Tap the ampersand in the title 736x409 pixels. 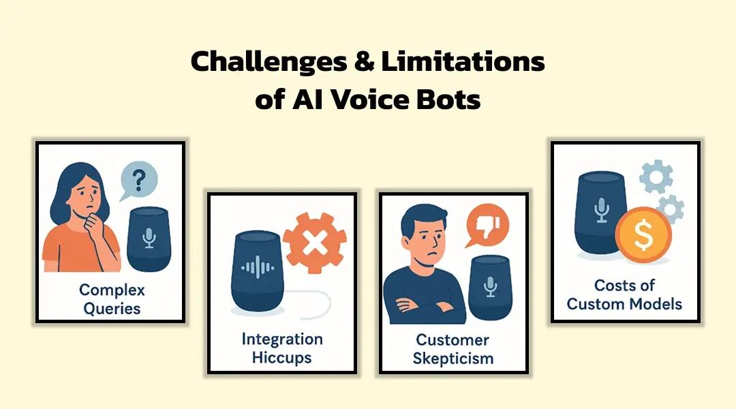tap(364, 61)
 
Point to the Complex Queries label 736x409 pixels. tap(112, 299)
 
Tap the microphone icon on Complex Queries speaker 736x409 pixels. tap(149, 238)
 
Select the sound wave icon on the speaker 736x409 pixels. tap(258, 268)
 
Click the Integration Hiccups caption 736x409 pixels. tap(282, 348)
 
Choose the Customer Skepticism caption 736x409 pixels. tap(453, 349)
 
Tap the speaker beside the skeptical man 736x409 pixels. tap(491, 288)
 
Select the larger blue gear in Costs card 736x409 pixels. tap(656, 177)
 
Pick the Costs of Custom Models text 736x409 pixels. tap(624, 294)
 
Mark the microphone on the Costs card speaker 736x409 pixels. tap(601, 211)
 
